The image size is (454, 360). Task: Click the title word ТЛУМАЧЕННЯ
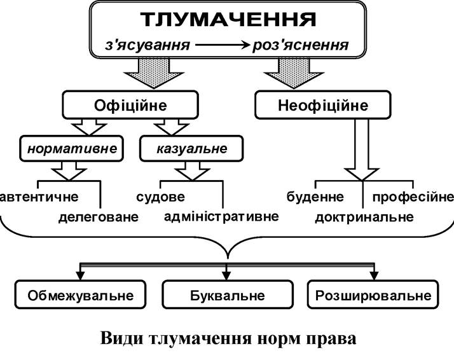pyautogui.click(x=228, y=20)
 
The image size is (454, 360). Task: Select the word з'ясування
pyautogui.click(x=148, y=45)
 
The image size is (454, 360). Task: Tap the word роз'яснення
pyautogui.click(x=301, y=45)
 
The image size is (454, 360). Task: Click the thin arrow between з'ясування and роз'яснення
pyautogui.click(x=222, y=45)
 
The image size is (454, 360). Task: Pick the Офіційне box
pyautogui.click(x=130, y=105)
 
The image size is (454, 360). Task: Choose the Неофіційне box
pyautogui.click(x=323, y=105)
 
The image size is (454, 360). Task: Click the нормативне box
pyautogui.click(x=71, y=148)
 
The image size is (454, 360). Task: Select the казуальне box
pyautogui.click(x=191, y=148)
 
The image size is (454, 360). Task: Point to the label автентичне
pyautogui.click(x=39, y=197)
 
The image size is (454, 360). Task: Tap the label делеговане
pyautogui.click(x=99, y=217)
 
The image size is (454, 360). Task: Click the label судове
pyautogui.click(x=160, y=197)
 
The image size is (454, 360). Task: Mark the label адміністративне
pyautogui.click(x=221, y=217)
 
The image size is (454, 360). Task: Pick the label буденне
pyautogui.click(x=315, y=197)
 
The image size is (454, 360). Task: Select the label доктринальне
pyautogui.click(x=364, y=217)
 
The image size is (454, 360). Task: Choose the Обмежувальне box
pyautogui.click(x=80, y=294)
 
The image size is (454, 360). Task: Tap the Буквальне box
pyautogui.click(x=228, y=294)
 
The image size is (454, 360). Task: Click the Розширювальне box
pyautogui.click(x=373, y=294)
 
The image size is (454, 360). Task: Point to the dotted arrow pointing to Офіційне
pyautogui.click(x=154, y=73)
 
